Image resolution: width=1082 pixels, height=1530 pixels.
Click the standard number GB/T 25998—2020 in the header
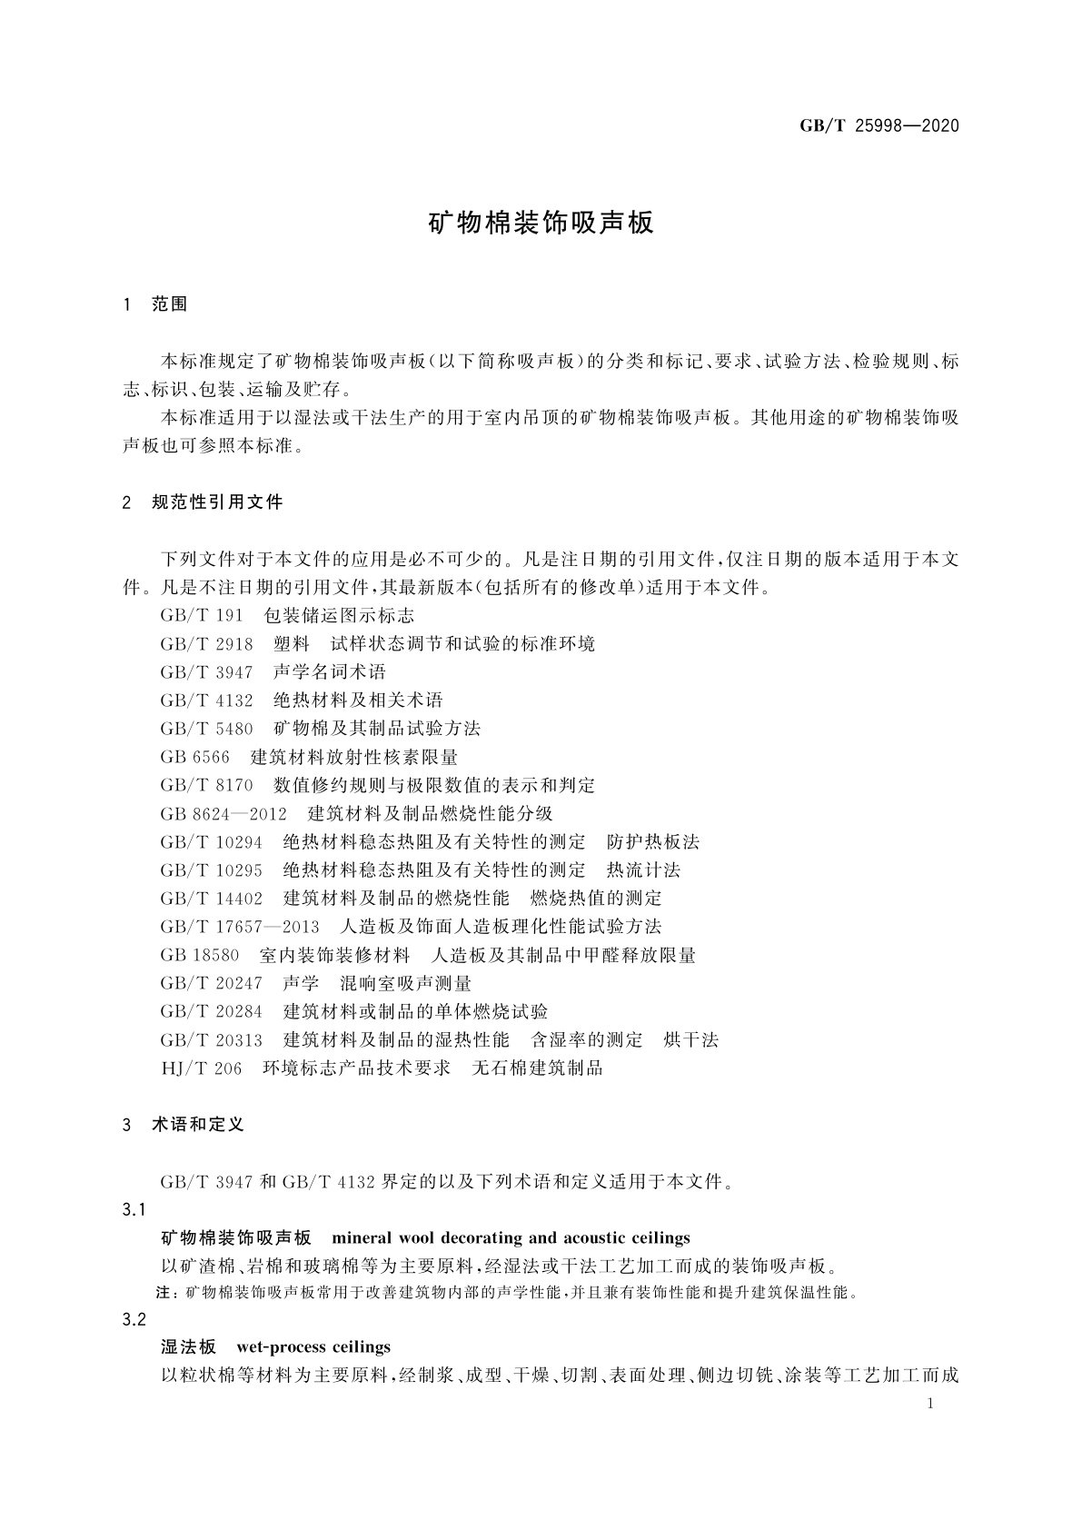[x=879, y=126]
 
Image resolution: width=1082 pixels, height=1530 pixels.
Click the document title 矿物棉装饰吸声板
[x=541, y=224]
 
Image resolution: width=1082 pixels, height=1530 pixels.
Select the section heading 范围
[x=170, y=305]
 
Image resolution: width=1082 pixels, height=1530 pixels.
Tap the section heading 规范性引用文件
[x=218, y=502]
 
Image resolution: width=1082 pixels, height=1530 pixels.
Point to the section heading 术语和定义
[x=198, y=1125]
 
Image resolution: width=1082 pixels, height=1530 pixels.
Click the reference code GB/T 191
[x=202, y=615]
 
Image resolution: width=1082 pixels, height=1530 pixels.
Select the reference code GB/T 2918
[x=206, y=644]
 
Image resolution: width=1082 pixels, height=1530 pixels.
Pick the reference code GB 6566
[x=195, y=757]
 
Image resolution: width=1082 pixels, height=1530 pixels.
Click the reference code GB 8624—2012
[x=223, y=813]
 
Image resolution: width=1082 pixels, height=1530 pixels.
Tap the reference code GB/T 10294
[x=212, y=842]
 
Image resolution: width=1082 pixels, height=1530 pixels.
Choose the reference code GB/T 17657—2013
[x=240, y=927]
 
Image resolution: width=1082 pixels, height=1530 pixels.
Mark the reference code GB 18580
[x=200, y=955]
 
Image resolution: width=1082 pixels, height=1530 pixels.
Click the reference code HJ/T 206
[x=202, y=1068]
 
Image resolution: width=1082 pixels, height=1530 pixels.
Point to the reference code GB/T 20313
[x=212, y=1040]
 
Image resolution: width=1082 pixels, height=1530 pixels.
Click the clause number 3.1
[x=134, y=1210]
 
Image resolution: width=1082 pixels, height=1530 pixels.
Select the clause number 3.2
[x=134, y=1320]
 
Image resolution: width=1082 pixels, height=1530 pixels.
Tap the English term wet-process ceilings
[x=313, y=1346]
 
